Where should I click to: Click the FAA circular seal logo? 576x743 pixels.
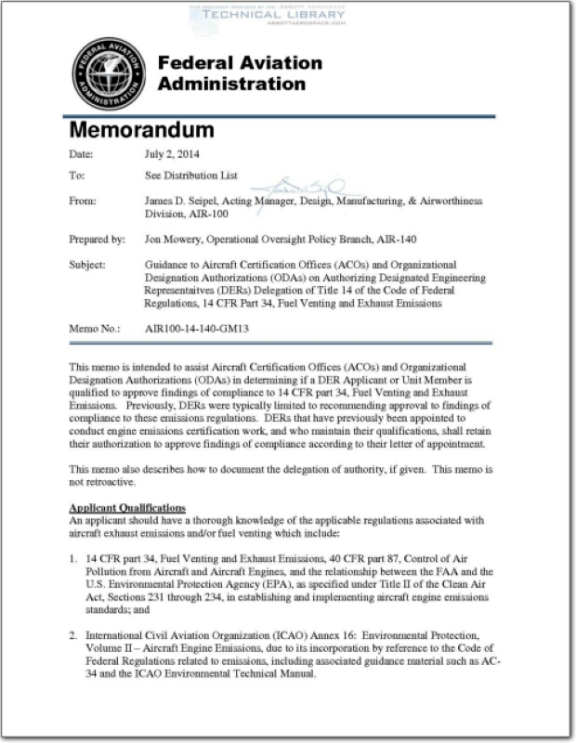[x=109, y=74]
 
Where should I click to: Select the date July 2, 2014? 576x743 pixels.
[x=172, y=154]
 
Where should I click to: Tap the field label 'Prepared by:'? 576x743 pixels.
[x=98, y=239]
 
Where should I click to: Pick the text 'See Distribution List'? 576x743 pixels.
[x=192, y=175]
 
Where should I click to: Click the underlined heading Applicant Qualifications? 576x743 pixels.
[x=127, y=507]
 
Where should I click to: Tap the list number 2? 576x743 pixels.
[x=73, y=635]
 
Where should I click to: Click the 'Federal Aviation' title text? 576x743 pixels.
[x=240, y=63]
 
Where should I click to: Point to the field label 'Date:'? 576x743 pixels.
[x=83, y=154]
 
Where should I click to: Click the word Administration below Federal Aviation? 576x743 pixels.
[x=231, y=84]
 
